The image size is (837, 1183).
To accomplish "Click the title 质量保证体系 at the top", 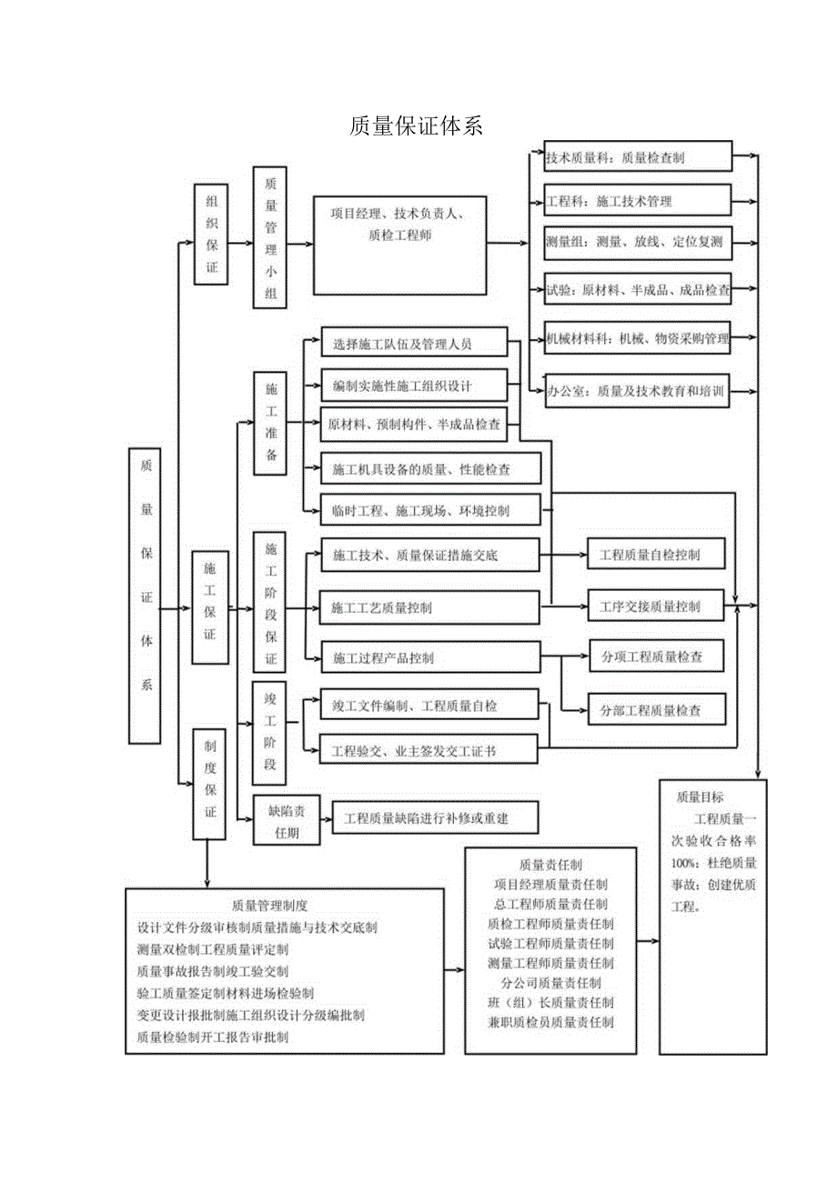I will click(416, 126).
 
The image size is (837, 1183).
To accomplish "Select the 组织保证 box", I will click(211, 234).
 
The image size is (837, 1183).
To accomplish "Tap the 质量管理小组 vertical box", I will click(270, 237).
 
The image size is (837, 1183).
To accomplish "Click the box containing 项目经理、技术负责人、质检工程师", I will click(399, 245).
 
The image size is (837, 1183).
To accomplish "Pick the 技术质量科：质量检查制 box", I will click(638, 156).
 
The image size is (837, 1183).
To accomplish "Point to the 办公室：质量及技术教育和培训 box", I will click(638, 392).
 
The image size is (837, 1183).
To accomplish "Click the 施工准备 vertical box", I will click(270, 423).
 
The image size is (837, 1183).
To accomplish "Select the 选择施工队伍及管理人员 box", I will click(414, 344).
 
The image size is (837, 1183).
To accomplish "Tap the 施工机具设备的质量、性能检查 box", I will click(430, 469).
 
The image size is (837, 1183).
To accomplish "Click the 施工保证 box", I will click(210, 607).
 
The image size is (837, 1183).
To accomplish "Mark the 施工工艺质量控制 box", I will click(429, 607).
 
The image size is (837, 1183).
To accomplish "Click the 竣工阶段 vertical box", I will click(269, 732).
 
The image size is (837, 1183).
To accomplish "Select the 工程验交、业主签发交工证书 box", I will click(429, 750).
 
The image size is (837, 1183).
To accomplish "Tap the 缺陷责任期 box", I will click(287, 819).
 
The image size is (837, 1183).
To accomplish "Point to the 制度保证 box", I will click(210, 783).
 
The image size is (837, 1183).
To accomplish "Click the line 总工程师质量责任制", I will click(550, 903).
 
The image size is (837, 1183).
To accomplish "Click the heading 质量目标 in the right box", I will click(700, 797).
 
